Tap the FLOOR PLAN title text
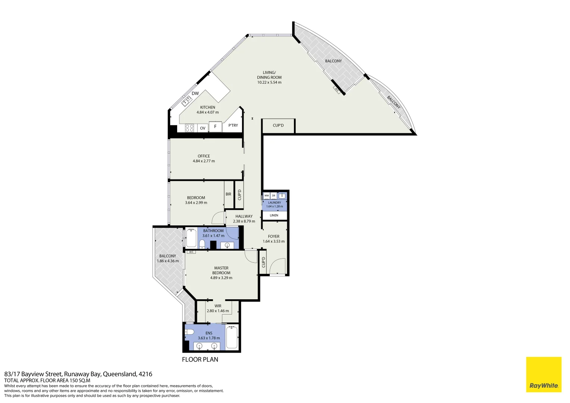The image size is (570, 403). click(x=200, y=359)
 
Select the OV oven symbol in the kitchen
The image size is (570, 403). click(x=203, y=128)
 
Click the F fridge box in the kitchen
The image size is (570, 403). click(x=215, y=126)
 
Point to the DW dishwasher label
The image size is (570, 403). click(x=195, y=93)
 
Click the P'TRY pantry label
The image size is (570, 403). click(x=233, y=125)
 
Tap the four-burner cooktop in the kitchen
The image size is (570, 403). click(x=190, y=128)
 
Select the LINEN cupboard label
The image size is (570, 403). click(x=274, y=215)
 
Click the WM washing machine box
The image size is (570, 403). click(x=266, y=196)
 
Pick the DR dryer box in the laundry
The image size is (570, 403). click(x=273, y=196)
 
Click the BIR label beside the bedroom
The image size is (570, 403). click(x=228, y=194)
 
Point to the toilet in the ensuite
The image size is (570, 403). click(x=190, y=332)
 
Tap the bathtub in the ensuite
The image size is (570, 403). click(x=232, y=337)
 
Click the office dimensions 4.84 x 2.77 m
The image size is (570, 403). click(x=204, y=161)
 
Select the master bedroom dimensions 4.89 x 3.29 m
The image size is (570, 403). click(x=221, y=278)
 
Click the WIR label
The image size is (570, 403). click(x=218, y=306)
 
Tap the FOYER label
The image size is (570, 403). click(x=273, y=236)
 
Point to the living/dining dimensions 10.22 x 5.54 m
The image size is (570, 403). click(x=269, y=82)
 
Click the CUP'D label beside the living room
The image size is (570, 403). click(x=278, y=125)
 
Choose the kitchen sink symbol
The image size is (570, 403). click(x=187, y=101)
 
